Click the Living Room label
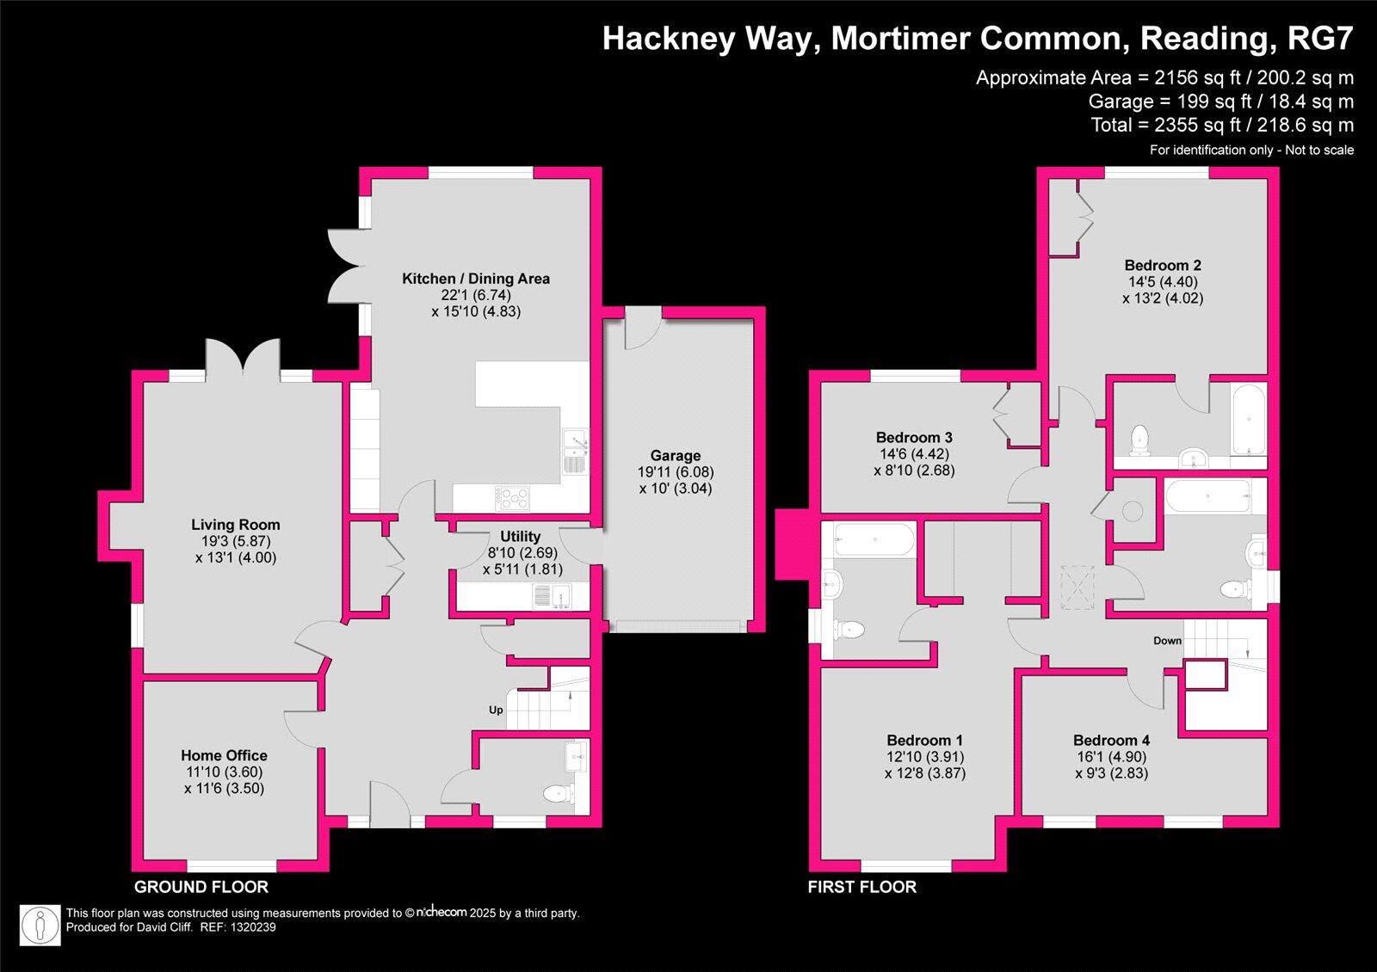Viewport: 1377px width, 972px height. (235, 525)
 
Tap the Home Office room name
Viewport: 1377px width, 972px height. (224, 755)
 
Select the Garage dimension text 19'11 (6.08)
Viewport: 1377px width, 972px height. (676, 472)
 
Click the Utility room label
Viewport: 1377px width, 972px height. (520, 536)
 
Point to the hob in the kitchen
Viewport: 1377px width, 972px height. (514, 496)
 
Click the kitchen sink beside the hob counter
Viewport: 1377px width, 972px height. (574, 451)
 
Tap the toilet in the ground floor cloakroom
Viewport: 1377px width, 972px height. (560, 793)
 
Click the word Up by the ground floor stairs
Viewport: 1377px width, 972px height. (496, 711)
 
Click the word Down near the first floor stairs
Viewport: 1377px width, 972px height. (1168, 641)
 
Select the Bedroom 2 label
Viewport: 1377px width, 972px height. (1162, 265)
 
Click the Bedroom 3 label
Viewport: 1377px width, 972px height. (913, 437)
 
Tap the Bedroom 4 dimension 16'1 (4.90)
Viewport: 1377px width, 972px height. (1111, 757)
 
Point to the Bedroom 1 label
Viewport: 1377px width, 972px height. (924, 740)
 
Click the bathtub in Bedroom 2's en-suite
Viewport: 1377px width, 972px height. (1247, 420)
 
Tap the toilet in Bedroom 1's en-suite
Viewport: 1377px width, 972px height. (849, 630)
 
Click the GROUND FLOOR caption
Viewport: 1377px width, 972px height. (201, 887)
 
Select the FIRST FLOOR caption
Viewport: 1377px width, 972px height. (861, 887)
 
